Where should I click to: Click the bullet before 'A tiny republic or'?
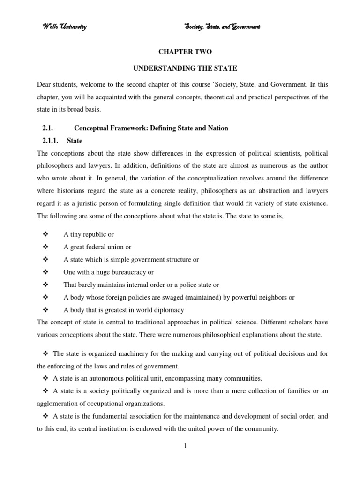45,234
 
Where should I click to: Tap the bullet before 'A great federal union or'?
45,247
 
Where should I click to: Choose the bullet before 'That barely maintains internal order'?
45,285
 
